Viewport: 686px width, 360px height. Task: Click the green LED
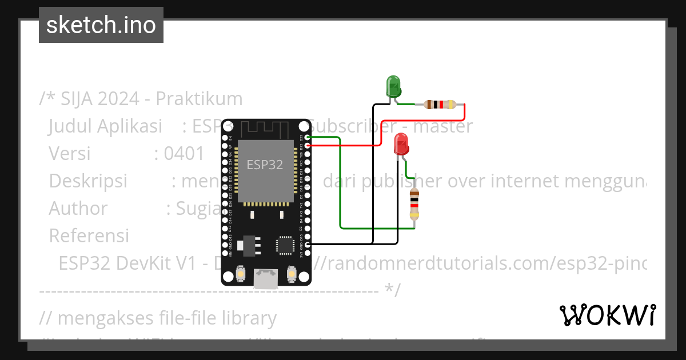(x=394, y=86)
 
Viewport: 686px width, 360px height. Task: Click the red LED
(x=401, y=144)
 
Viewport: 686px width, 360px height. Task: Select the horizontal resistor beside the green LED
(x=439, y=105)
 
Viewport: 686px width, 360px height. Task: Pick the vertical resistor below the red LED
(x=414, y=205)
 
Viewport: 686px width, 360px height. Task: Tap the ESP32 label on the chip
(x=265, y=165)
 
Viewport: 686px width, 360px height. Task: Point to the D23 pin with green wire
(x=308, y=137)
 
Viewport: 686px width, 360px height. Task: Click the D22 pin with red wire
(x=308, y=146)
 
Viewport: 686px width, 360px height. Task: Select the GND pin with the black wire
(x=308, y=245)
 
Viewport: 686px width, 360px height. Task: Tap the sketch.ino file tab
(x=101, y=25)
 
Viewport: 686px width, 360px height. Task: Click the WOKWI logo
(x=607, y=315)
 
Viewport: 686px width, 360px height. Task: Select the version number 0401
(x=184, y=154)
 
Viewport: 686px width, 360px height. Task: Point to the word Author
(x=78, y=209)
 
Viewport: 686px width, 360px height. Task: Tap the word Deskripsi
(x=87, y=181)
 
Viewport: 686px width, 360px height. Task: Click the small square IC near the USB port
(x=285, y=245)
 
